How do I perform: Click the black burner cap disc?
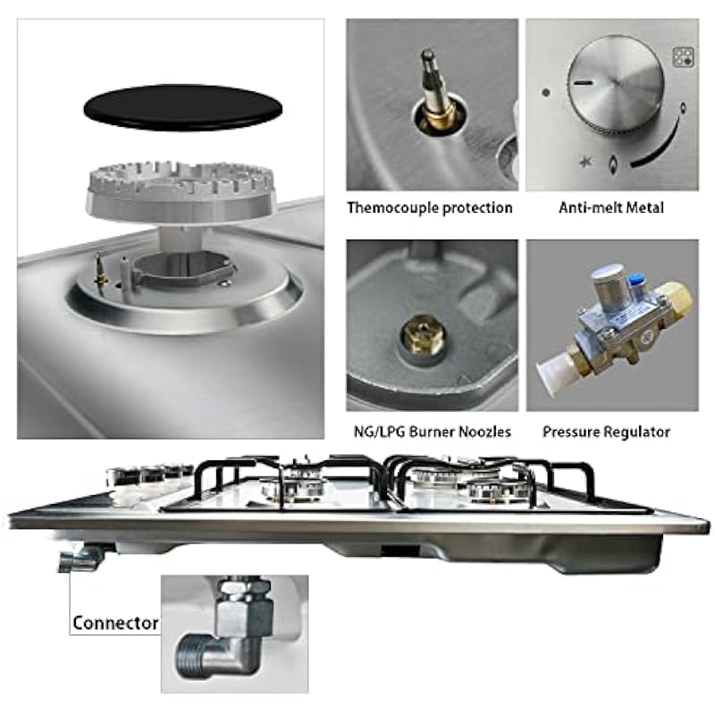tap(182, 108)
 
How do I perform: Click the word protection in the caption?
tap(477, 208)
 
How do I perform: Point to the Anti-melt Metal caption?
tap(611, 208)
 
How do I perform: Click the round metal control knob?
tap(616, 84)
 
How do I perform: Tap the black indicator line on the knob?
tap(584, 83)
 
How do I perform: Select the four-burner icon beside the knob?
tap(683, 57)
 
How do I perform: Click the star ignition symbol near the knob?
tap(585, 162)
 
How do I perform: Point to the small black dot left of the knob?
tap(545, 93)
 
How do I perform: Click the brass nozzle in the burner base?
tap(422, 336)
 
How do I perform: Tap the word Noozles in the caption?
tap(484, 432)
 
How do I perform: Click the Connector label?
tap(115, 623)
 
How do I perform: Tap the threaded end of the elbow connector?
tap(188, 656)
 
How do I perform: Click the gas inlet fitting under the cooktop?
tap(80, 559)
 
